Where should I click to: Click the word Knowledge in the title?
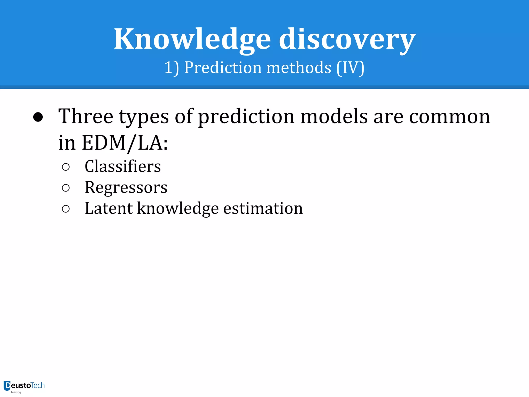tap(192, 39)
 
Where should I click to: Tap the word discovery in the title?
tap(347, 39)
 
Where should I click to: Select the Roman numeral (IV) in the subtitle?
tap(350, 68)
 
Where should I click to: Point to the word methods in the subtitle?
tap(299, 68)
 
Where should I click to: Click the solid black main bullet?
tap(38, 117)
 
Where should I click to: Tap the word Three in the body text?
tap(86, 116)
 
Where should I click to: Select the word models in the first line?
tap(334, 116)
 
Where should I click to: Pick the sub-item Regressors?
tap(126, 187)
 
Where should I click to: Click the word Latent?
tap(108, 208)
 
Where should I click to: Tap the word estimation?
tap(263, 208)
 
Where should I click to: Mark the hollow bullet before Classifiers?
tap(66, 167)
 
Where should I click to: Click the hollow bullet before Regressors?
tap(66, 188)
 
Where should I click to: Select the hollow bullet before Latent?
tap(66, 209)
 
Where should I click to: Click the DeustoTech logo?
tap(24, 386)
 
